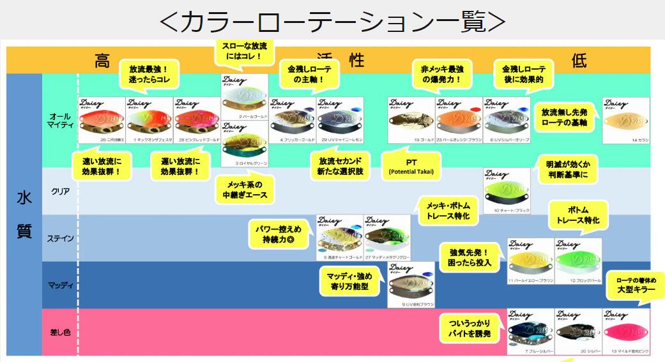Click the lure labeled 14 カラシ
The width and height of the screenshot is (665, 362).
point(625,121)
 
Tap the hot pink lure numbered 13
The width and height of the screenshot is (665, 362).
point(625,331)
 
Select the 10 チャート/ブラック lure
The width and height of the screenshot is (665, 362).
point(507,191)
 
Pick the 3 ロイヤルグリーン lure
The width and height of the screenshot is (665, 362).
point(245,144)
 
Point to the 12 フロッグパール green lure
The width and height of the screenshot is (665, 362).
point(577,261)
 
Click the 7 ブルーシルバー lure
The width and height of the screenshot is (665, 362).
point(530,331)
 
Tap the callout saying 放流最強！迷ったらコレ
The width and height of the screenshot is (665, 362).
point(149,75)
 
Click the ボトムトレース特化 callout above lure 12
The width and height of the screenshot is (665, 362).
point(577,215)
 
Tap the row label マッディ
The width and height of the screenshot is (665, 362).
point(61,285)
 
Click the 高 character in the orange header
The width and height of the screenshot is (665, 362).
point(102,61)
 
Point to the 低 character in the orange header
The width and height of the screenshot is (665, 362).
point(579,61)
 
